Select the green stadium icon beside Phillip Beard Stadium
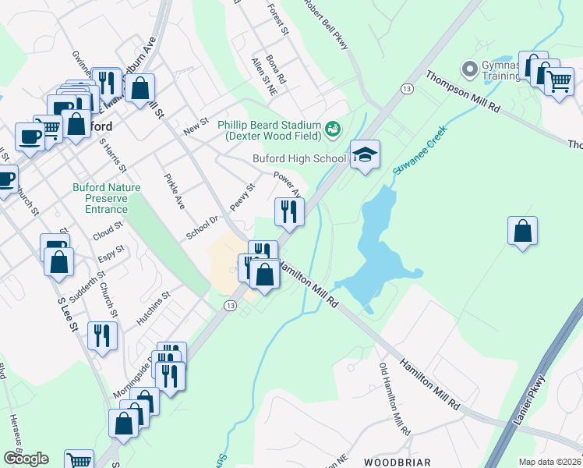coord(333,128)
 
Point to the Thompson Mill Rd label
coord(462,93)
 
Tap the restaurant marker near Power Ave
coord(289,211)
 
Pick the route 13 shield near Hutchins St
coord(230,304)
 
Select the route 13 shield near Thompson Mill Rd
coord(407,89)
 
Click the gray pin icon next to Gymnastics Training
coord(469,70)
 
